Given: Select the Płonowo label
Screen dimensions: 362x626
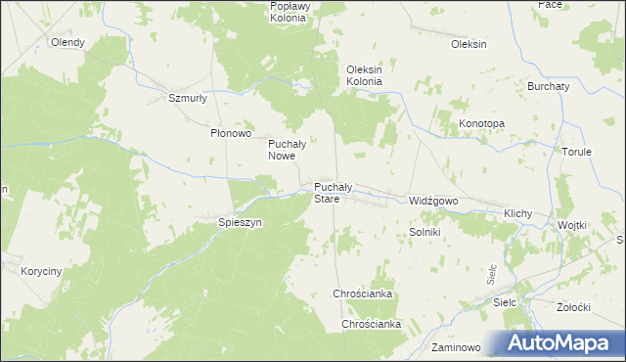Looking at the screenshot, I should point(232,133).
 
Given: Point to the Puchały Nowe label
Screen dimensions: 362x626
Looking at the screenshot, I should point(289,149).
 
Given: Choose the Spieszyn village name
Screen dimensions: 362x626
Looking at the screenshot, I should point(241,222).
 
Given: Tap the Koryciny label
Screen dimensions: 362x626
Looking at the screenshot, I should point(42,271).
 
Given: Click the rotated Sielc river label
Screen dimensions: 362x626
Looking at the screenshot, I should point(493,273).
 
